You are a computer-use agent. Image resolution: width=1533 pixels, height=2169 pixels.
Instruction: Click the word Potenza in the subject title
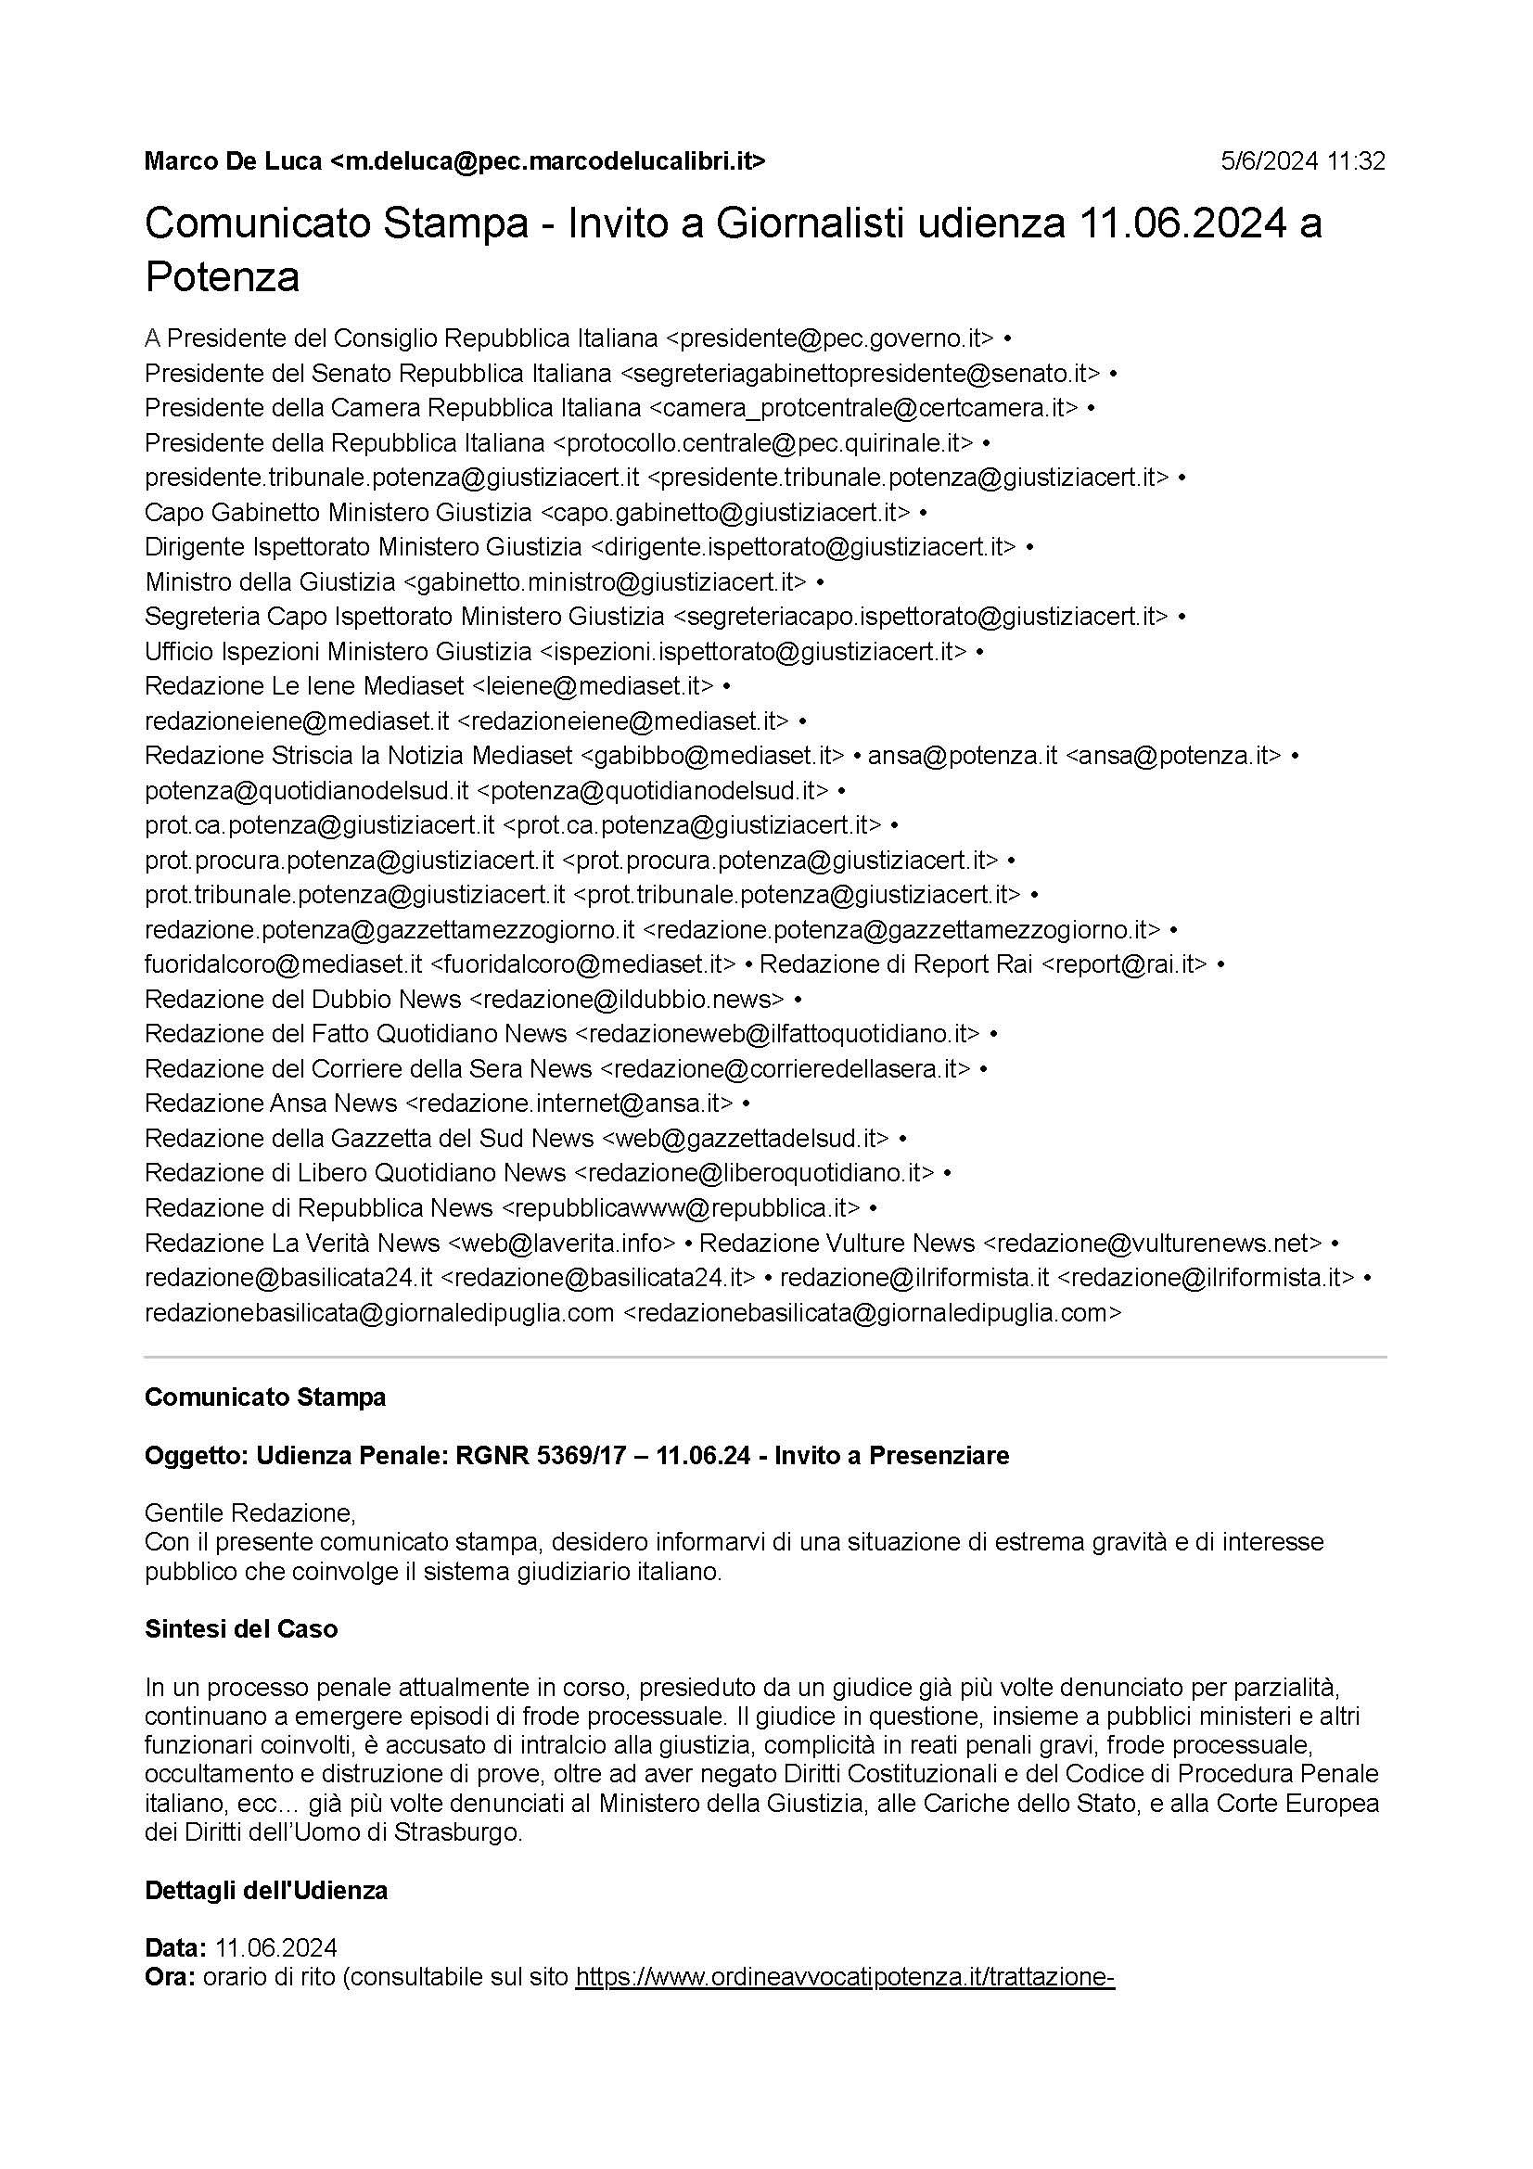pos(222,276)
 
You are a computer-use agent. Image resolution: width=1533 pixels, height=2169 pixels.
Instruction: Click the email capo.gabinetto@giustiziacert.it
pos(725,512)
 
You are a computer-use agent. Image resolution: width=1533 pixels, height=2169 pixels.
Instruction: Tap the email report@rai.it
pos(1124,963)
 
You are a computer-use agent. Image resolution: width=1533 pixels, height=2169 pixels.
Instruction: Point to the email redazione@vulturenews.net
pos(1153,1243)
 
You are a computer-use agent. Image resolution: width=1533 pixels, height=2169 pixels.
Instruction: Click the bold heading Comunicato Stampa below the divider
pos(264,1397)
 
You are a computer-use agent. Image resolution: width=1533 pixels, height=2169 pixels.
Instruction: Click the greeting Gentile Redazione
pos(249,1513)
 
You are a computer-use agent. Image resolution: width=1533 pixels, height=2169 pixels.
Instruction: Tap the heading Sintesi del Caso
pos(241,1628)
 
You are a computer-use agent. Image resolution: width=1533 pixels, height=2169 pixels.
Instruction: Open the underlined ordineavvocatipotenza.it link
pos(846,1977)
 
